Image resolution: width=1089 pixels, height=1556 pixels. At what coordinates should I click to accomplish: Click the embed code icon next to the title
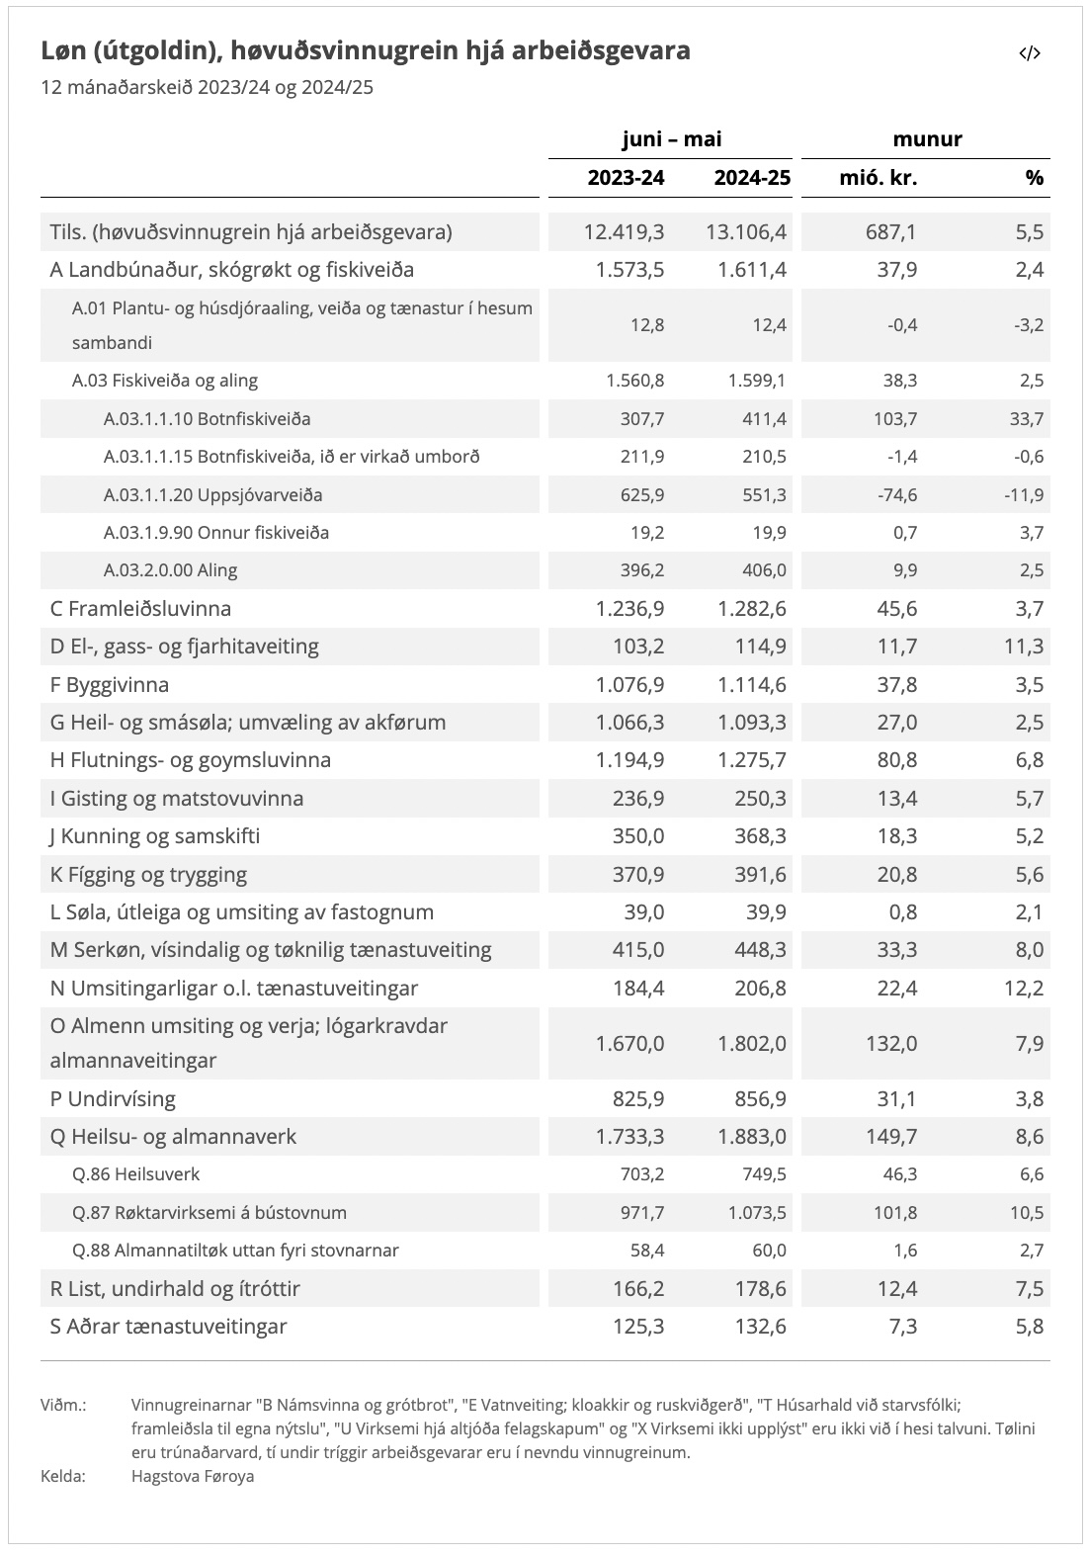1030,53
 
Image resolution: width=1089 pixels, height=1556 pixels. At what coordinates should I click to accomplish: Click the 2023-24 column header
627,178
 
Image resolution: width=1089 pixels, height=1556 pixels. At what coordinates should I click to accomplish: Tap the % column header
1034,178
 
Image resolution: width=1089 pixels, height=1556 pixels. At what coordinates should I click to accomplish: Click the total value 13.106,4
746,232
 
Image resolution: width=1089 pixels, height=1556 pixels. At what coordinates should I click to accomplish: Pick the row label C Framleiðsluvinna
140,609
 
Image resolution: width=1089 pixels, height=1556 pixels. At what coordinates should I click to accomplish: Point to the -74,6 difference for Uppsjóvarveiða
897,495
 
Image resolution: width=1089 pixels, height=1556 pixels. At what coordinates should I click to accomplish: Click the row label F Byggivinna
110,685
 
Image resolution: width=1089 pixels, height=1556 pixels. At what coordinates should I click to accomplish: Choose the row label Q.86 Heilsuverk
135,1174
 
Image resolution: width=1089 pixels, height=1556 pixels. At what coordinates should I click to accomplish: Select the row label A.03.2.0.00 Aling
170,570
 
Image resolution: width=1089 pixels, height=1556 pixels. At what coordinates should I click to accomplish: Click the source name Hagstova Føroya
193,1476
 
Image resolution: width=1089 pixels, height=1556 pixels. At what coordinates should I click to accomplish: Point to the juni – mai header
671,139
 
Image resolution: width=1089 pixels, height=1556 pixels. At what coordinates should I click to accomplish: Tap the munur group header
927,139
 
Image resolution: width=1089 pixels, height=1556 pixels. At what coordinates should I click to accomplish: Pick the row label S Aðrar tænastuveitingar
168,1327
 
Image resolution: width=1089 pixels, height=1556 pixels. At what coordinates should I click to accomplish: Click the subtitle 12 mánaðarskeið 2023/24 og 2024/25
207,87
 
